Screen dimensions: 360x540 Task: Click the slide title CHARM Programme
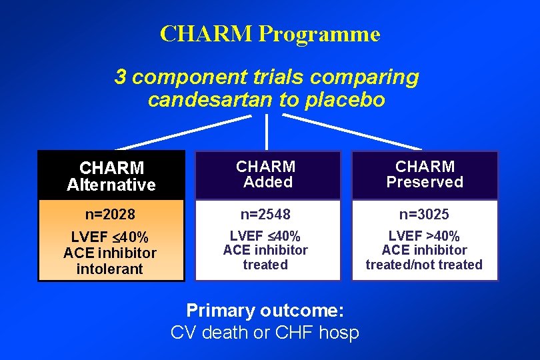pyautogui.click(x=270, y=33)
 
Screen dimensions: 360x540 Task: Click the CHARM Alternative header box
pyautogui.click(x=111, y=175)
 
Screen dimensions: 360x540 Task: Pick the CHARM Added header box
pyautogui.click(x=267, y=174)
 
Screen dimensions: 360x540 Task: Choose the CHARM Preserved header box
pyautogui.click(x=425, y=174)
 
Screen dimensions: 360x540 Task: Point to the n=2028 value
pyautogui.click(x=111, y=215)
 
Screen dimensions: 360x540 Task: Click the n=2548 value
pyautogui.click(x=266, y=215)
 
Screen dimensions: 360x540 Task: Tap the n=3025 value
pyautogui.click(x=424, y=215)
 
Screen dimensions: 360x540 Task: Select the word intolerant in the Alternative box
pyautogui.click(x=110, y=269)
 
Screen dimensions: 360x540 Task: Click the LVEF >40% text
pyautogui.click(x=424, y=236)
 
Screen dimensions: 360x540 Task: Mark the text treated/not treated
pyautogui.click(x=424, y=265)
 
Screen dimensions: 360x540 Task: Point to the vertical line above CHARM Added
pyautogui.click(x=267, y=131)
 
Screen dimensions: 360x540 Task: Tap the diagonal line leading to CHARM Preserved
pyautogui.click(x=353, y=132)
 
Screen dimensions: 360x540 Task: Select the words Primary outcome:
pyautogui.click(x=265, y=311)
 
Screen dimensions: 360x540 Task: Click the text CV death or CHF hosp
pyautogui.click(x=265, y=332)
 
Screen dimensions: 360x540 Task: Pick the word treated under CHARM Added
pyautogui.click(x=265, y=265)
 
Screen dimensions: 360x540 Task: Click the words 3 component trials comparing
pyautogui.click(x=267, y=77)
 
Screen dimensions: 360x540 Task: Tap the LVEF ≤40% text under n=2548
pyautogui.click(x=265, y=236)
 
